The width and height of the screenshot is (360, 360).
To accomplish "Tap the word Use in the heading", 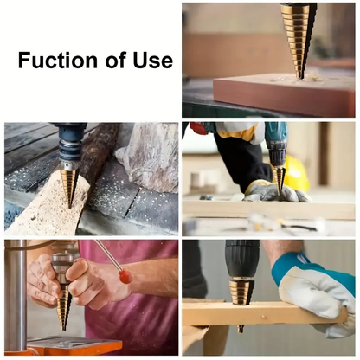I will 151,61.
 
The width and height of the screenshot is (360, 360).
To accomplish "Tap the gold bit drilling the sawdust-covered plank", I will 69,183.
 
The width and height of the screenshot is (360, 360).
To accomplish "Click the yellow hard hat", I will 295,174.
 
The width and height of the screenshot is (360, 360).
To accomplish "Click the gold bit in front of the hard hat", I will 278,177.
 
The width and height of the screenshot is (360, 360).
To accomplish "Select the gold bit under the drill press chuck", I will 63,307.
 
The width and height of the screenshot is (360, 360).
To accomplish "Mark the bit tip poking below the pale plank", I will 240,329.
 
